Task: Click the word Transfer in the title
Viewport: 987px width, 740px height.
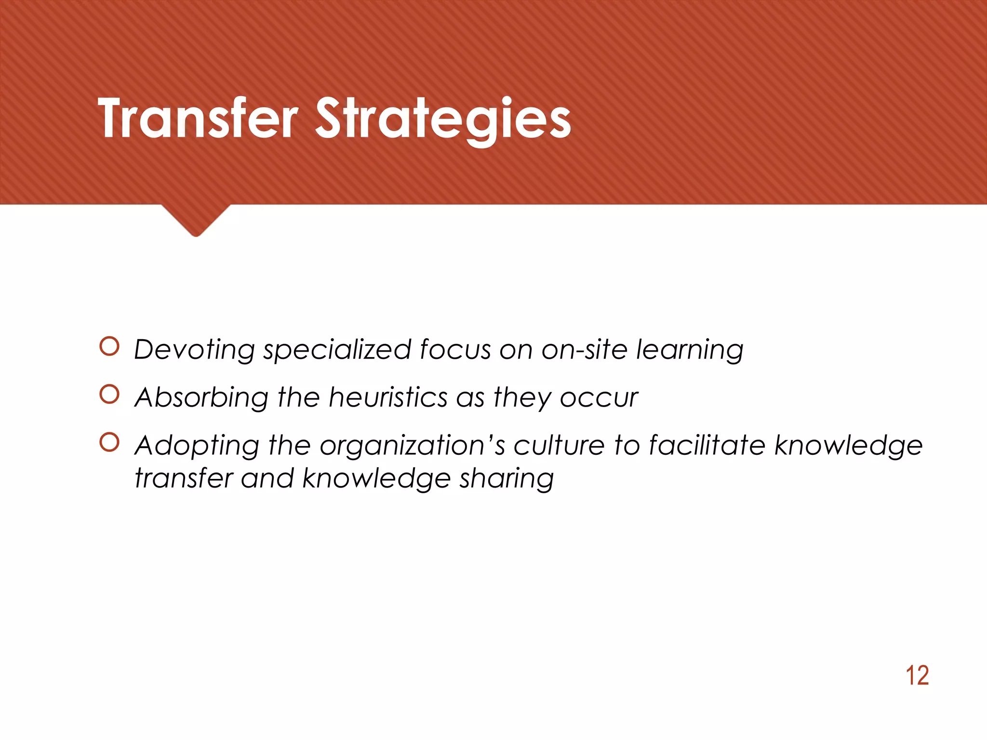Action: coord(198,118)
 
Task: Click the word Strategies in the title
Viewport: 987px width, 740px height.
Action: coord(443,119)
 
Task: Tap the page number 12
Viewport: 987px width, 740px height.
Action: coord(917,675)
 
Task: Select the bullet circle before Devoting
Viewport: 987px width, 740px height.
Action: coord(109,346)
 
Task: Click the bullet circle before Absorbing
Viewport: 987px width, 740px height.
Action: coord(109,395)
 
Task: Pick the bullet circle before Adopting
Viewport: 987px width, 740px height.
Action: coord(109,442)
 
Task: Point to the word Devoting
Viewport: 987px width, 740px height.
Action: coord(194,350)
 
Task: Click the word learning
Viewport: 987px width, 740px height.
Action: coord(690,350)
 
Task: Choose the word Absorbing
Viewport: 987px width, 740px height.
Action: coord(201,398)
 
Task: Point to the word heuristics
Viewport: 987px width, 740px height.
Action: coord(388,397)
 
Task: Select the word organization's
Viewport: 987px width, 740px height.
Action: coord(412,446)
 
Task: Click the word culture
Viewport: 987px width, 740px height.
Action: coord(559,445)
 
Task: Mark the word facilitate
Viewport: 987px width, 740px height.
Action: coord(707,445)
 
